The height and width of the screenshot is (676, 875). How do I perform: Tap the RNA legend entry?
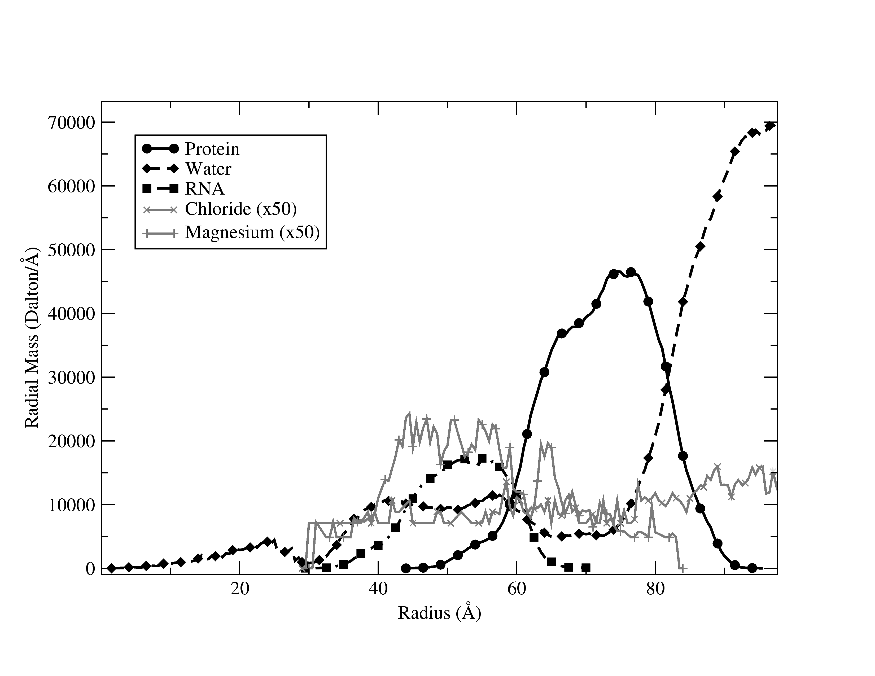204,189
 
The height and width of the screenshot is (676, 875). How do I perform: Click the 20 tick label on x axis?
240,590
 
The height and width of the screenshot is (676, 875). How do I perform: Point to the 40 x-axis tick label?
378,590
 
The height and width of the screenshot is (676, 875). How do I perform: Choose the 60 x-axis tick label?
517,590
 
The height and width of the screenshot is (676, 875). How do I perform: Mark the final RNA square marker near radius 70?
586,568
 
